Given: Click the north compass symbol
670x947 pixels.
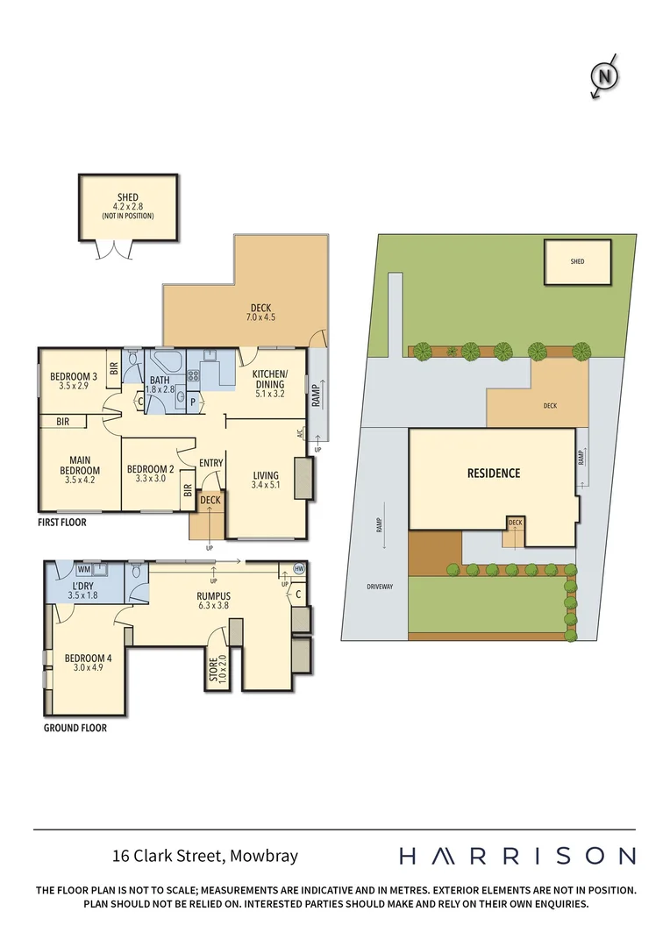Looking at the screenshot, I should tap(604, 77).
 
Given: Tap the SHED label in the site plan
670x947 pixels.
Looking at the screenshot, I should tap(577, 261).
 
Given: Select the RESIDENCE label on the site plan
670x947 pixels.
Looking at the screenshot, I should tap(493, 473).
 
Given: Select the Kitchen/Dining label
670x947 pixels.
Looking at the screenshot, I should tap(270, 378).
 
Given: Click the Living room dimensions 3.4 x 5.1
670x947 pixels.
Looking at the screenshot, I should tap(265, 485).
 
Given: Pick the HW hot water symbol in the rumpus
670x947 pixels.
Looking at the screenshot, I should tap(298, 569).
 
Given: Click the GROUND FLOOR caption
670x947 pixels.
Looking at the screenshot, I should tap(75, 728).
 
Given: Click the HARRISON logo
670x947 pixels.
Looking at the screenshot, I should tap(517, 856).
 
